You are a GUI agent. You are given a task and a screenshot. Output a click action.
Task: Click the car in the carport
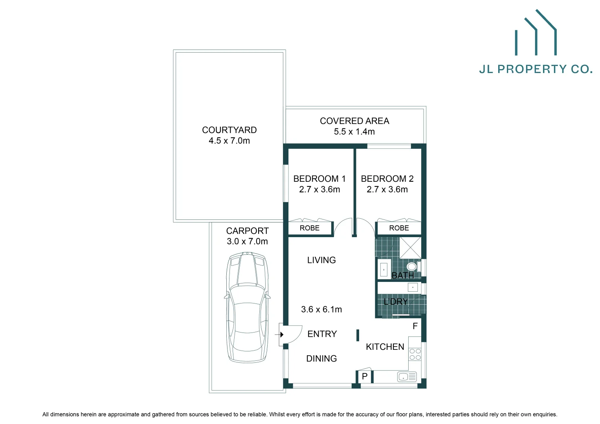pyautogui.click(x=247, y=307)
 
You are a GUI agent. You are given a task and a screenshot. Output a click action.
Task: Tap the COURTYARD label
pyautogui.click(x=229, y=130)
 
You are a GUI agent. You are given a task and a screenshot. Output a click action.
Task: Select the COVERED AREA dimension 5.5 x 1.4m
pyautogui.click(x=354, y=132)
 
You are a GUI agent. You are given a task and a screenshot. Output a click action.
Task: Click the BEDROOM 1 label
pyautogui.click(x=319, y=179)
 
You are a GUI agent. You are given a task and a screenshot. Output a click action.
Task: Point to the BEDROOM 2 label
pyautogui.click(x=387, y=179)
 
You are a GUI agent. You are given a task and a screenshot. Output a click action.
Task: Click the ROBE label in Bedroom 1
pyautogui.click(x=309, y=228)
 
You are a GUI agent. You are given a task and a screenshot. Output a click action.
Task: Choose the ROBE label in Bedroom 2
pyautogui.click(x=399, y=228)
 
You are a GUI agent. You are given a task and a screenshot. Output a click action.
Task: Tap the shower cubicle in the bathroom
pyautogui.click(x=410, y=247)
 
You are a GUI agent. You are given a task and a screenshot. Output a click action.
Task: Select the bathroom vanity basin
pyautogui.click(x=383, y=270)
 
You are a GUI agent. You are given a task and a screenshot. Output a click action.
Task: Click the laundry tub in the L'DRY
pyautogui.click(x=413, y=287)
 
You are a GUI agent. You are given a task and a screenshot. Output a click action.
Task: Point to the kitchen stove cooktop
pyautogui.click(x=415, y=355)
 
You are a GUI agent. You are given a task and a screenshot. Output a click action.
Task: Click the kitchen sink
pyautogui.click(x=407, y=377)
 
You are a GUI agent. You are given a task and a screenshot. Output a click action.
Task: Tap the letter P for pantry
pyautogui.click(x=365, y=376)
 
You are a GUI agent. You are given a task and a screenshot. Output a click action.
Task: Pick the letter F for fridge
pyautogui.click(x=415, y=326)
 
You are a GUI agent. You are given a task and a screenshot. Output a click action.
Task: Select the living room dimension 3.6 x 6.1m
pyautogui.click(x=321, y=309)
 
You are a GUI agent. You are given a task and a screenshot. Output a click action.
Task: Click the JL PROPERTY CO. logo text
pyautogui.click(x=536, y=69)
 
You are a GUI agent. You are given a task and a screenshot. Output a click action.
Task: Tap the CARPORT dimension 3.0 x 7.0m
pyautogui.click(x=247, y=241)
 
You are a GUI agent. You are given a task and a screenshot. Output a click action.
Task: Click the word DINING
pyautogui.click(x=321, y=358)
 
